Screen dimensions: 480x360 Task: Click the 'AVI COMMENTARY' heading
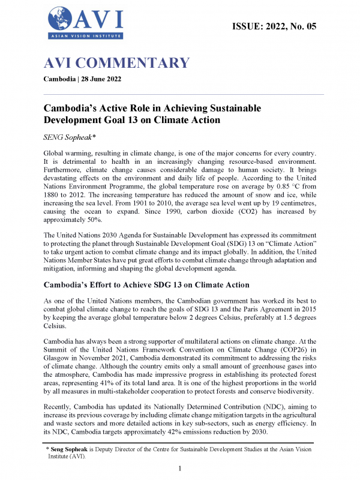(117, 63)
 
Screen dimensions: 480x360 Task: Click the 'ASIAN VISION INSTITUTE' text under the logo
(84, 37)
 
